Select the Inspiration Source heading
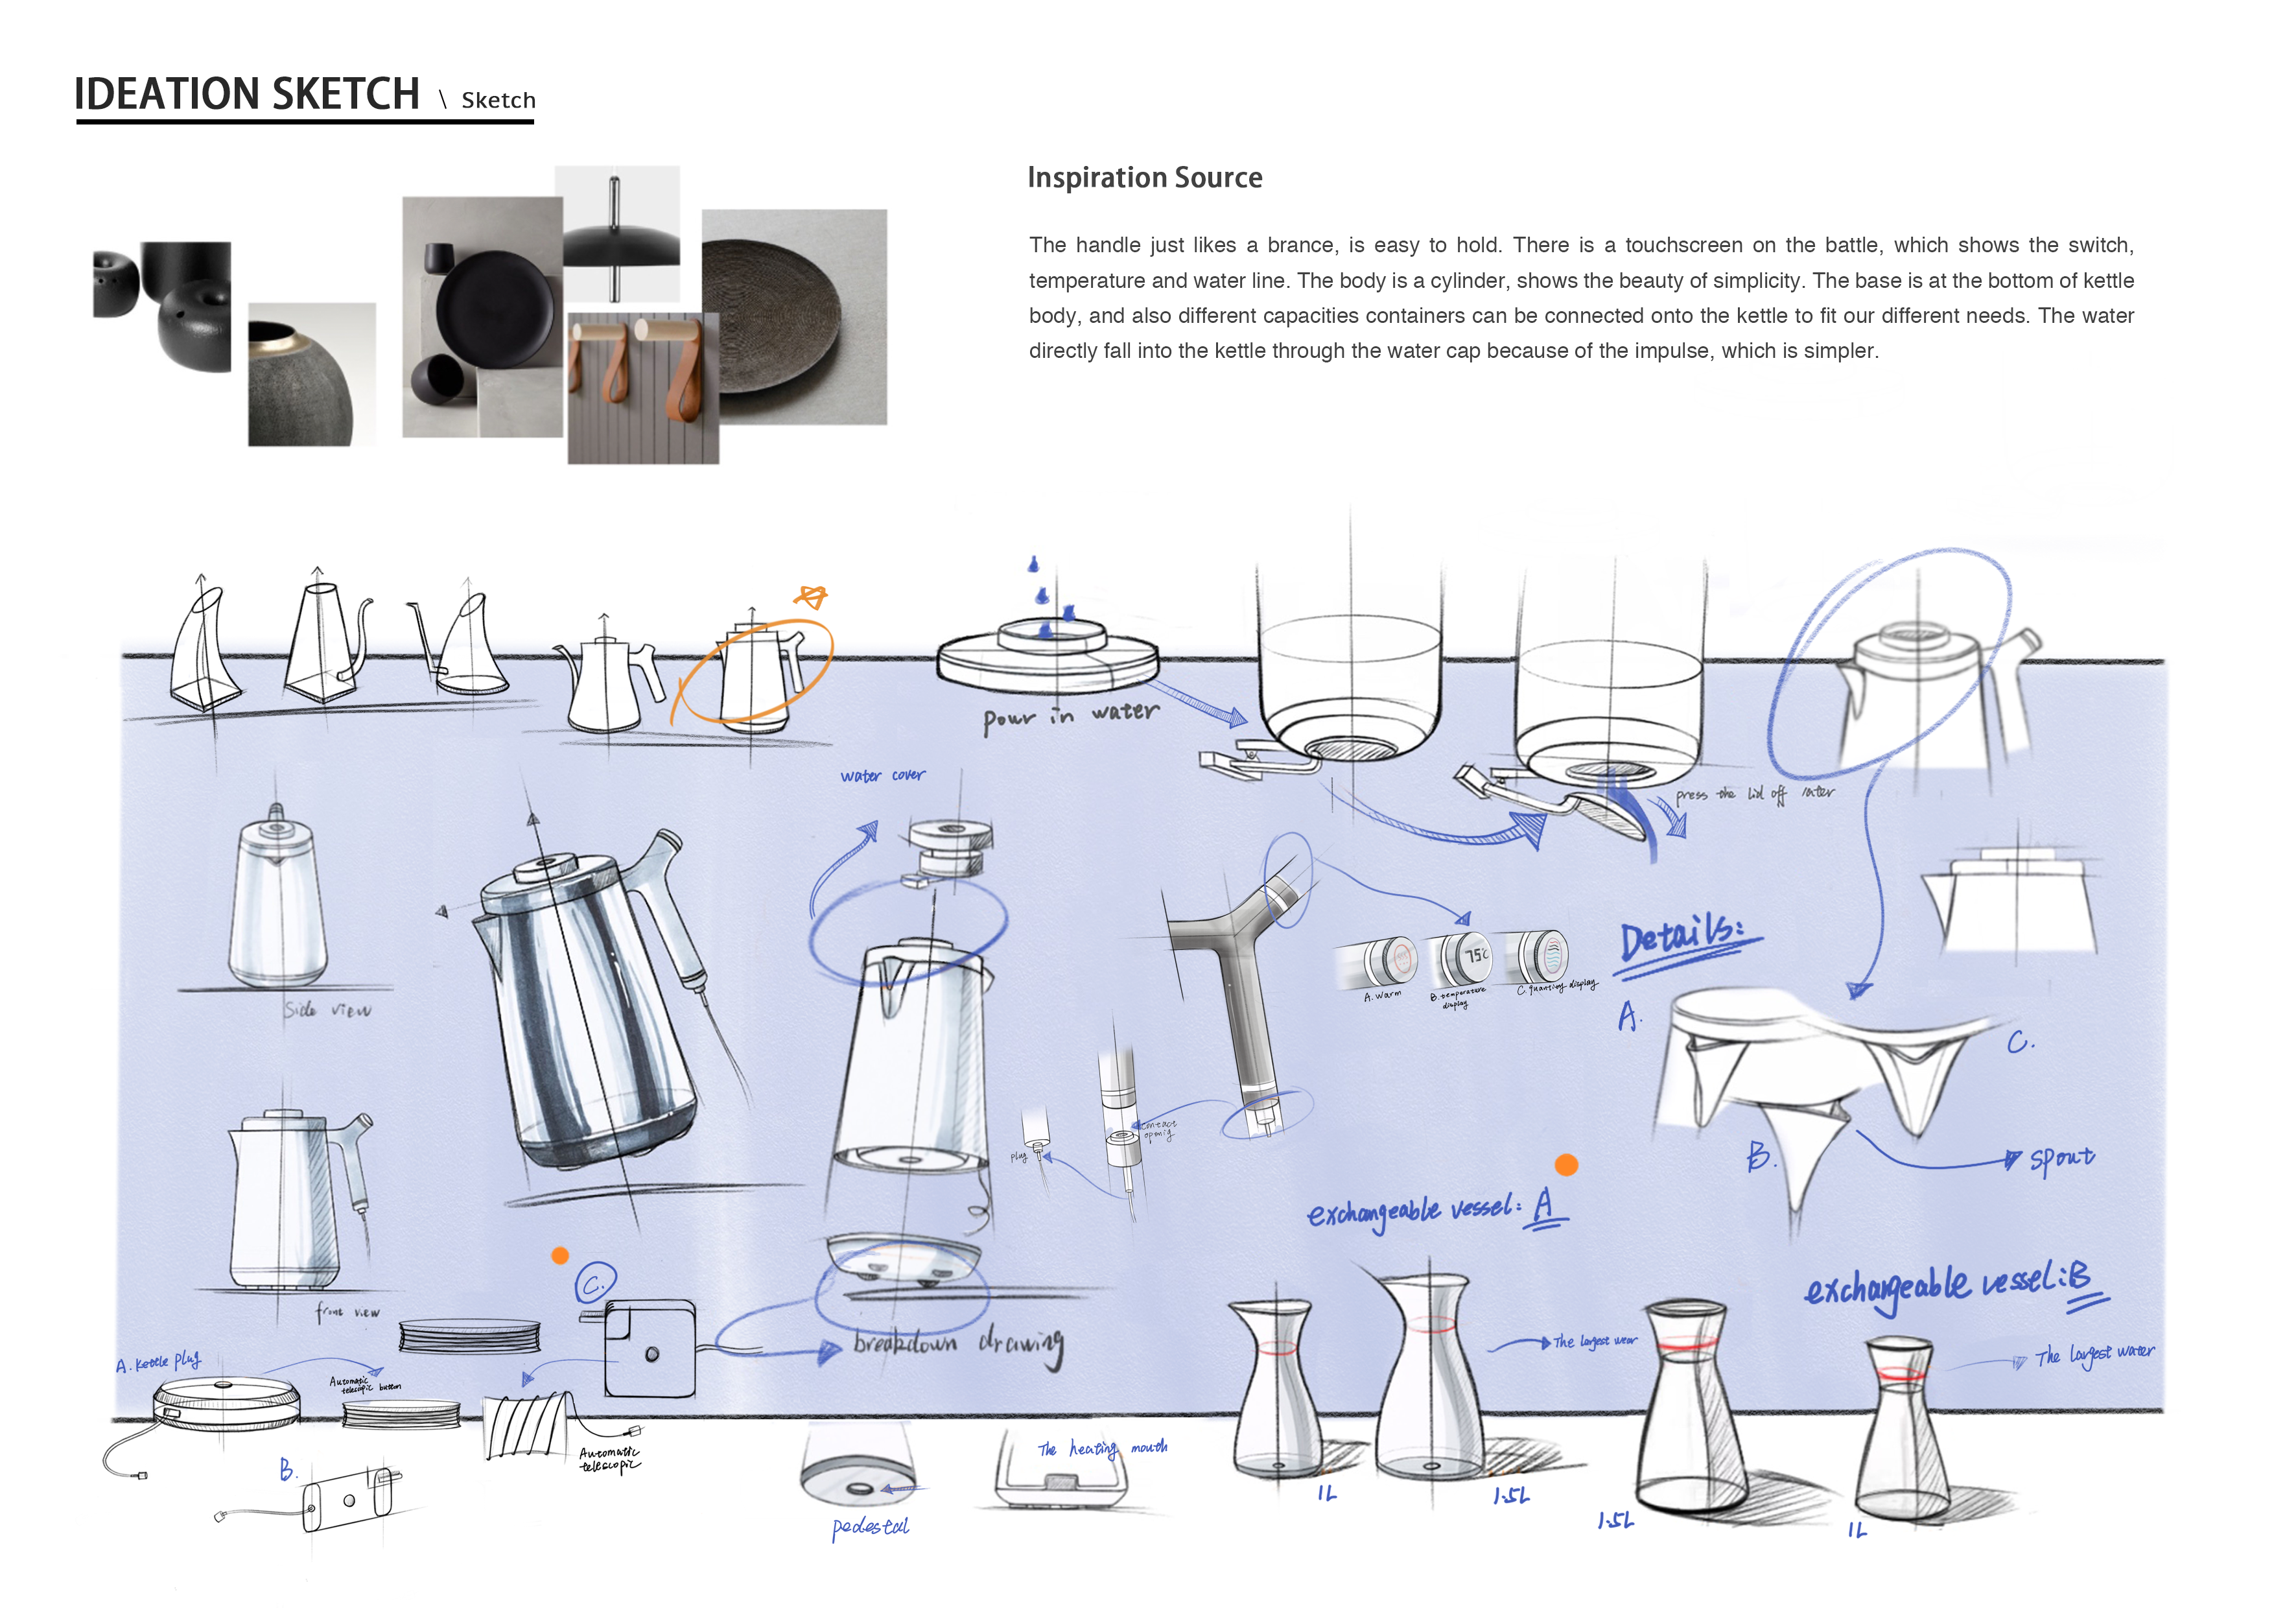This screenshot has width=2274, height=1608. pyautogui.click(x=1144, y=178)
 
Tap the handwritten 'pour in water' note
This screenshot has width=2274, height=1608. pyautogui.click(x=1070, y=715)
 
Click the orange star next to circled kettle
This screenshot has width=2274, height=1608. pyautogui.click(x=811, y=597)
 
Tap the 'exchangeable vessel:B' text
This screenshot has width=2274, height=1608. pyautogui.click(x=1951, y=1285)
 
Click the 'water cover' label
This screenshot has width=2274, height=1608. pyautogui.click(x=882, y=775)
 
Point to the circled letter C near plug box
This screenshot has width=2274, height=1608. pyautogui.click(x=595, y=1284)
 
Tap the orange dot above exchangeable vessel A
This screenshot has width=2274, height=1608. pyautogui.click(x=1566, y=1165)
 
